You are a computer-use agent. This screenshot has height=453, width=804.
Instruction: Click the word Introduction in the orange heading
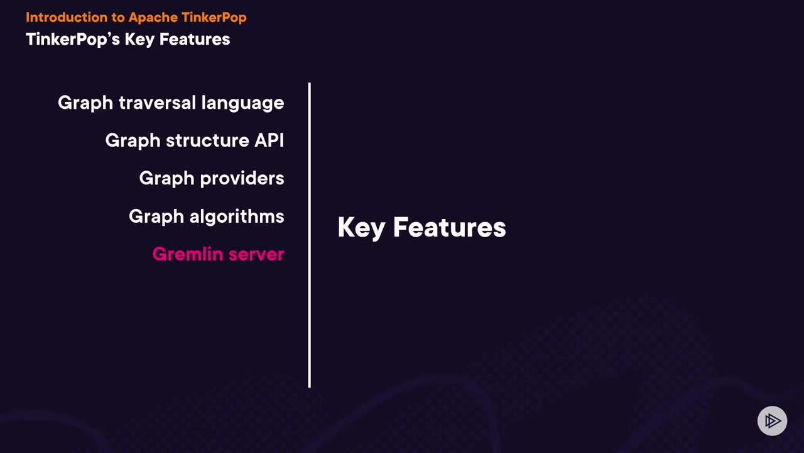67,17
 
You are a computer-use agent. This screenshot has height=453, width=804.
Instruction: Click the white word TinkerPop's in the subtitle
73,40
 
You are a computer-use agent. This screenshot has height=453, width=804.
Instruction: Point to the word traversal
157,103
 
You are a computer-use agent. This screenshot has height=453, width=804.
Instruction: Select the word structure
207,140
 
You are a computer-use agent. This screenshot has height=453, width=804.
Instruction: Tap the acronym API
269,140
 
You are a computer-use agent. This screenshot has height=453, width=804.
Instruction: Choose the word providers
242,178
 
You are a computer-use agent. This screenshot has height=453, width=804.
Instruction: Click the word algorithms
237,216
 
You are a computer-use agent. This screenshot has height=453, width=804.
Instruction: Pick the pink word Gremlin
188,254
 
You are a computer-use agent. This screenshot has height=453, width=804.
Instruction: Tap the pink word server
256,255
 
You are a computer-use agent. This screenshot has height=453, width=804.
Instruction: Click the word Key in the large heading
361,228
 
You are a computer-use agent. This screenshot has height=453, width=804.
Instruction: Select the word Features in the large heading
450,227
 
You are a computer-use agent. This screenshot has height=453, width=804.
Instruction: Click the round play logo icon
772,421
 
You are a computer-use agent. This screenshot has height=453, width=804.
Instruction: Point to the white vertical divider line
310,235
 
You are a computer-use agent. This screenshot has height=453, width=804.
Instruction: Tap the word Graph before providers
167,179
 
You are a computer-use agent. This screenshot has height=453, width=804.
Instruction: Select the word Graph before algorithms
156,216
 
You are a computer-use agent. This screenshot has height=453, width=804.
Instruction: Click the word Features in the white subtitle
195,39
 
